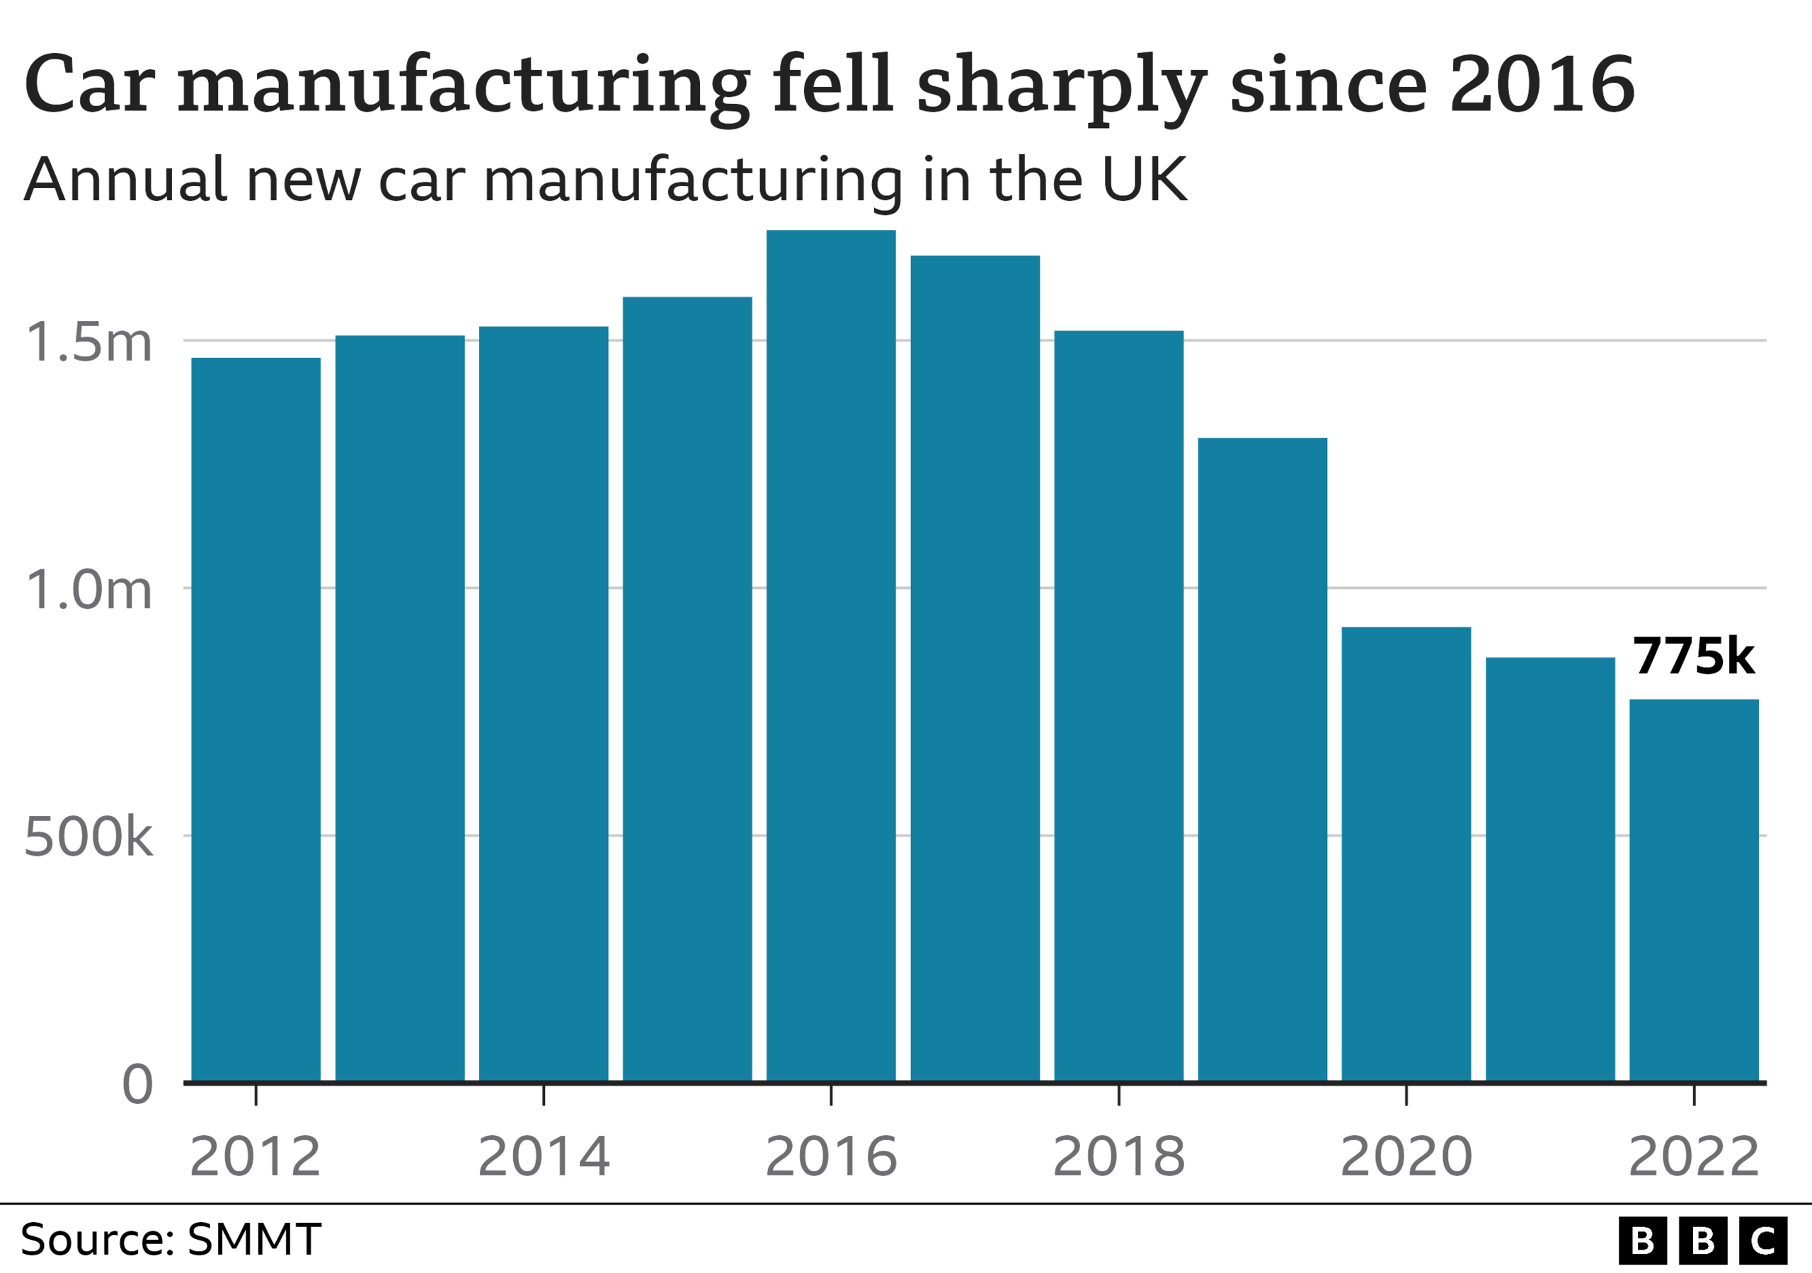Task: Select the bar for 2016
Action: [831, 655]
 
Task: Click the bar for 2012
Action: [256, 719]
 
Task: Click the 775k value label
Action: [1693, 656]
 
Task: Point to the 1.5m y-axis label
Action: [88, 342]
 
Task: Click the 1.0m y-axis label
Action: [88, 589]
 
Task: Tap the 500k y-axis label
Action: [88, 836]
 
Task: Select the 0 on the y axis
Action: [137, 1084]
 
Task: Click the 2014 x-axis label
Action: [544, 1156]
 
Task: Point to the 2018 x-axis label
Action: [1118, 1156]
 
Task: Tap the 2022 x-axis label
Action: [1694, 1156]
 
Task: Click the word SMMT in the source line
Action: [254, 1239]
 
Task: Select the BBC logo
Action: [1702, 1240]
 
